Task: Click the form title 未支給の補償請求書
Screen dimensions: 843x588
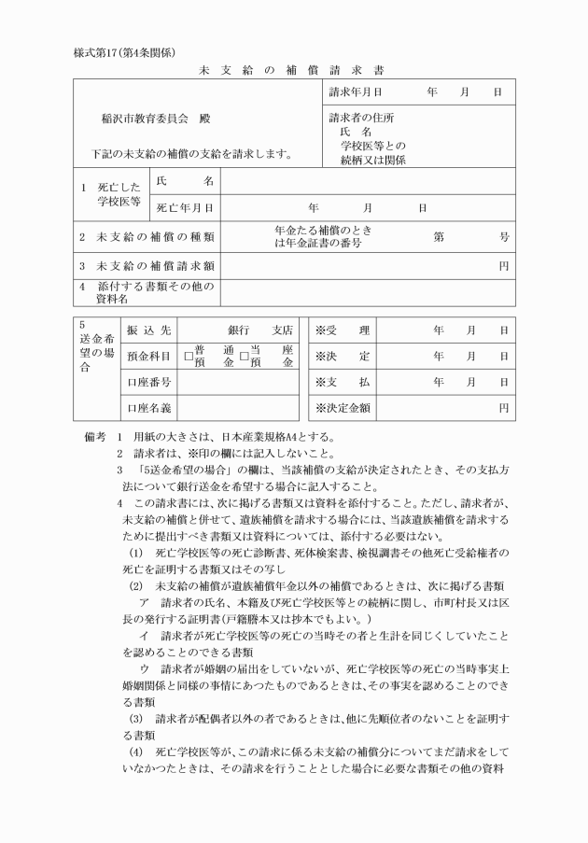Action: pyautogui.click(x=292, y=70)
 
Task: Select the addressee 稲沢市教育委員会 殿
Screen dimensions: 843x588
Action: pyautogui.click(x=163, y=120)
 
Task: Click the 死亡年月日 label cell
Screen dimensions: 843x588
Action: pyautogui.click(x=185, y=208)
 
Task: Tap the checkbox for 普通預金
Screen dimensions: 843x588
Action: pyautogui.click(x=188, y=356)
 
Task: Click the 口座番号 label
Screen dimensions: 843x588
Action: pyautogui.click(x=148, y=382)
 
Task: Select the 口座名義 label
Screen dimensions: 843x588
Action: pyautogui.click(x=148, y=407)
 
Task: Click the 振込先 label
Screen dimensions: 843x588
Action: pyautogui.click(x=148, y=330)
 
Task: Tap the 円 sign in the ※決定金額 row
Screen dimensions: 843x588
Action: pyautogui.click(x=503, y=407)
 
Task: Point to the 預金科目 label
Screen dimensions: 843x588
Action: pyautogui.click(x=148, y=356)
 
